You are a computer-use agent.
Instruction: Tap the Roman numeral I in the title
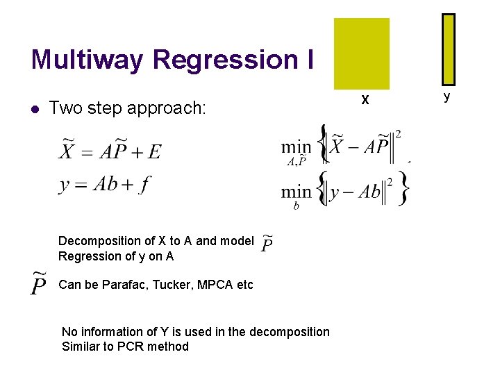click(x=308, y=60)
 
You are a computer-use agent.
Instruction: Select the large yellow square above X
click(x=362, y=53)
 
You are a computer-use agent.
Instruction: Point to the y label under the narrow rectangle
click(x=447, y=97)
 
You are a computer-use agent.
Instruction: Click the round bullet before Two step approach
click(x=35, y=109)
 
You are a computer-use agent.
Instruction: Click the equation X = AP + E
click(x=110, y=150)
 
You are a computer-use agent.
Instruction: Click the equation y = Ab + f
click(x=104, y=185)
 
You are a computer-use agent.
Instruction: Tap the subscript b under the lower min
click(x=297, y=206)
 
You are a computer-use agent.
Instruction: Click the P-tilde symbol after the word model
click(x=267, y=244)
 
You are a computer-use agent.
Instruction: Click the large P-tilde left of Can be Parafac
click(x=40, y=283)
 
